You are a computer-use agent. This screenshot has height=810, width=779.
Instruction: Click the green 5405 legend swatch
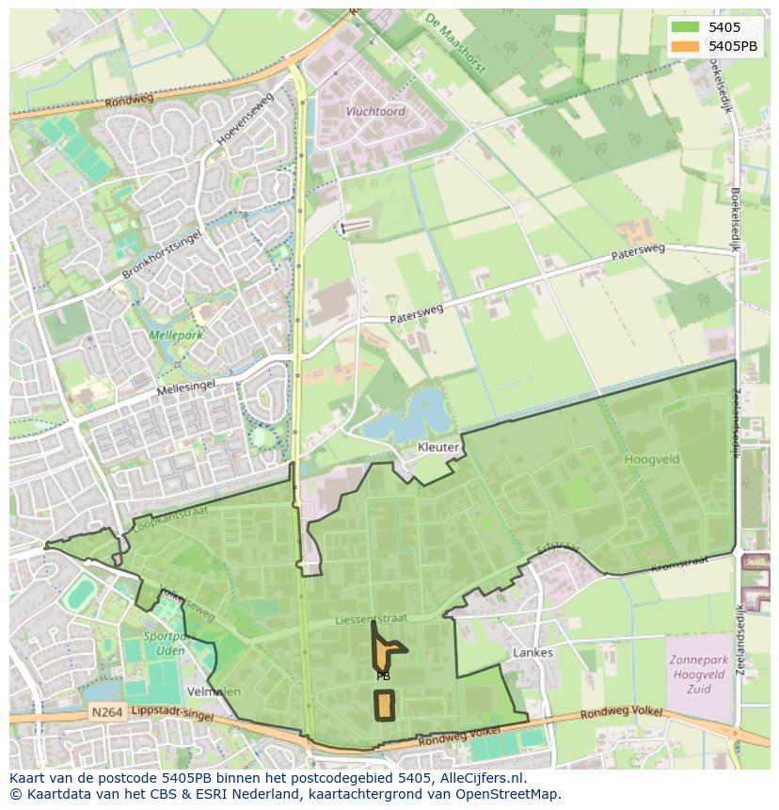685,27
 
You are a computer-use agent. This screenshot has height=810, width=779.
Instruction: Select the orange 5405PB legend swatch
685,46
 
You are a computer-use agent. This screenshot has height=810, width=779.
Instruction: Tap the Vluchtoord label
375,111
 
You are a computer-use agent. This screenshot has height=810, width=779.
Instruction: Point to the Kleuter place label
438,447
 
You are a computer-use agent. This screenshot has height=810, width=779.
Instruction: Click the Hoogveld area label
650,459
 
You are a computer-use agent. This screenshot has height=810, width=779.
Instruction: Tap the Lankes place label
533,652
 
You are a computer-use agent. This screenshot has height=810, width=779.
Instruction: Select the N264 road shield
107,713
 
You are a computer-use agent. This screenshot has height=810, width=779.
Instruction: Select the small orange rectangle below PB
384,704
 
